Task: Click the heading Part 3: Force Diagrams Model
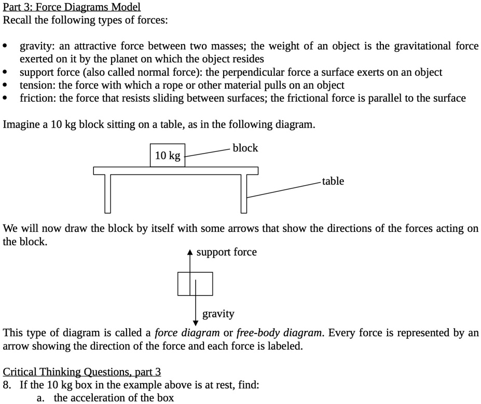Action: (72, 7)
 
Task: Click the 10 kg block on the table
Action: (167, 156)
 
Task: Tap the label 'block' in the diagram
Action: (245, 148)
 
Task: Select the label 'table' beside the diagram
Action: (333, 181)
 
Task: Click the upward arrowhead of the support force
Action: (190, 253)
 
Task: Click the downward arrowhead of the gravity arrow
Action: (196, 318)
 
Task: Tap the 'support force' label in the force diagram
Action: (226, 252)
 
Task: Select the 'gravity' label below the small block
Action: (218, 314)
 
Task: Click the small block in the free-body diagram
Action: (195, 283)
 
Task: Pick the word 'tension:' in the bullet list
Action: (36, 85)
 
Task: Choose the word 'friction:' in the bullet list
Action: (38, 98)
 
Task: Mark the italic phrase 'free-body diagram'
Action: (279, 332)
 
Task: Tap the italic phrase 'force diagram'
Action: (187, 332)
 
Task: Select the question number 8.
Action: (7, 385)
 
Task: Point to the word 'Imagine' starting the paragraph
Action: (20, 125)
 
